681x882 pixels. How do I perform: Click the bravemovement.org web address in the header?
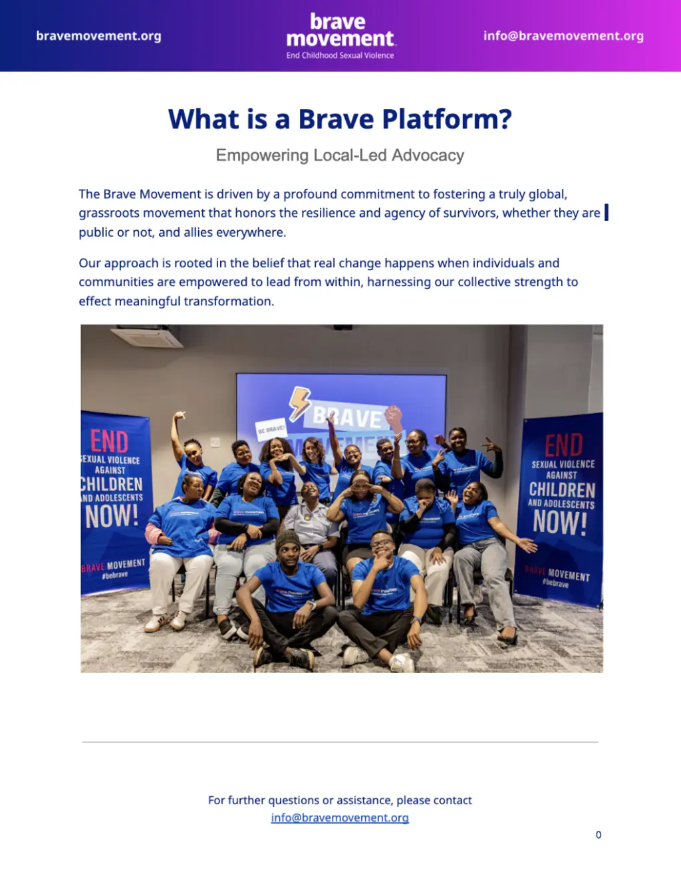point(98,36)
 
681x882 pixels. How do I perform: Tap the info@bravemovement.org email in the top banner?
point(563,36)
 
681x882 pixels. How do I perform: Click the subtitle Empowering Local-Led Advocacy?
point(340,156)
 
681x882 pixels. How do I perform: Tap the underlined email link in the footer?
point(340,817)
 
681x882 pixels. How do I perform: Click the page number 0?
point(599,835)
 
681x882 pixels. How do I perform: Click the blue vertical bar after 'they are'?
point(607,212)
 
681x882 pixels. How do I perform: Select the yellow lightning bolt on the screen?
point(299,402)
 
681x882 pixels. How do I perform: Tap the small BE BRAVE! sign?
point(271,428)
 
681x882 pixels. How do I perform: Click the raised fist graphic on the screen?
point(394,418)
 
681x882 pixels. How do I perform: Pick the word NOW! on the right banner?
point(560,522)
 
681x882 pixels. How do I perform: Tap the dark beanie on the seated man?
point(287,540)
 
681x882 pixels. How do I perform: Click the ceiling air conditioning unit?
point(148,336)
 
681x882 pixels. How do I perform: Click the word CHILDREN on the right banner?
point(562,490)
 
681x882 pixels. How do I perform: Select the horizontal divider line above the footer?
point(340,742)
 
